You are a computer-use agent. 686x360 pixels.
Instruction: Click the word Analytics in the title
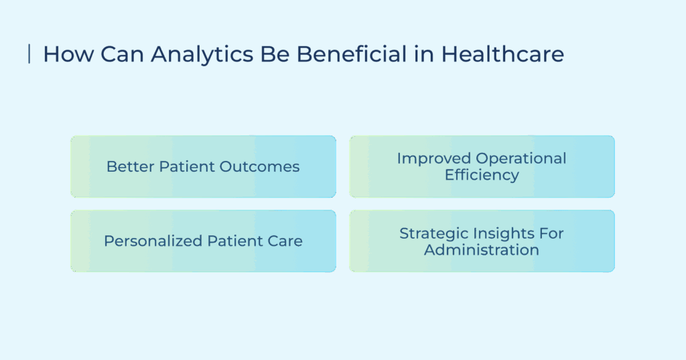coord(202,55)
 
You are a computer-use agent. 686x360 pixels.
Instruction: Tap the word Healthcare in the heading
coord(502,54)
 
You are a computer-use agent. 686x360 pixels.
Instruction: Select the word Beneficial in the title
coord(352,54)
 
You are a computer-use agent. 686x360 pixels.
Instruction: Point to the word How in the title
coord(68,54)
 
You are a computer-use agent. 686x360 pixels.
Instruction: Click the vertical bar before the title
coord(29,54)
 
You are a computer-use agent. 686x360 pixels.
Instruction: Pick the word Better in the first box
coord(130,166)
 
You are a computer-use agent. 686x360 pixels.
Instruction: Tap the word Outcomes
coord(259,166)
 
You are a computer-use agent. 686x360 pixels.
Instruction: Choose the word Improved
coord(433,158)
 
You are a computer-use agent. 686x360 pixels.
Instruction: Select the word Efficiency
coord(482,175)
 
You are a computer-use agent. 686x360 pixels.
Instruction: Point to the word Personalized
coord(153,241)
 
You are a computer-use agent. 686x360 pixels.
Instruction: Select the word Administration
coord(482,250)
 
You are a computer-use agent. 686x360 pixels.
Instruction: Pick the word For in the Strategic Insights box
coord(551,234)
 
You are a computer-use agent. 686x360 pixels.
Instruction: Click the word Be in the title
coord(275,54)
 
